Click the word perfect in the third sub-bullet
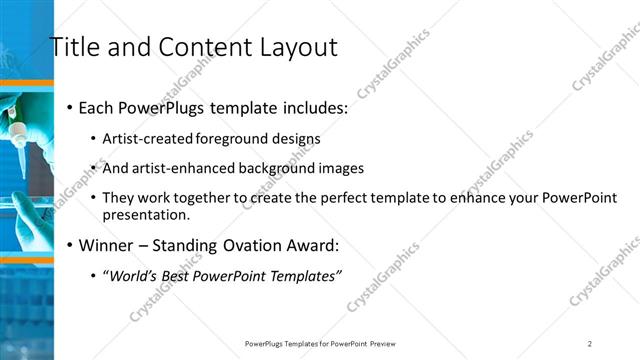347,198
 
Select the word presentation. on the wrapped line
145,214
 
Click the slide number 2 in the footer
590,343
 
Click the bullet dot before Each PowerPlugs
68,108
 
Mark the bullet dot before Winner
68,245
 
